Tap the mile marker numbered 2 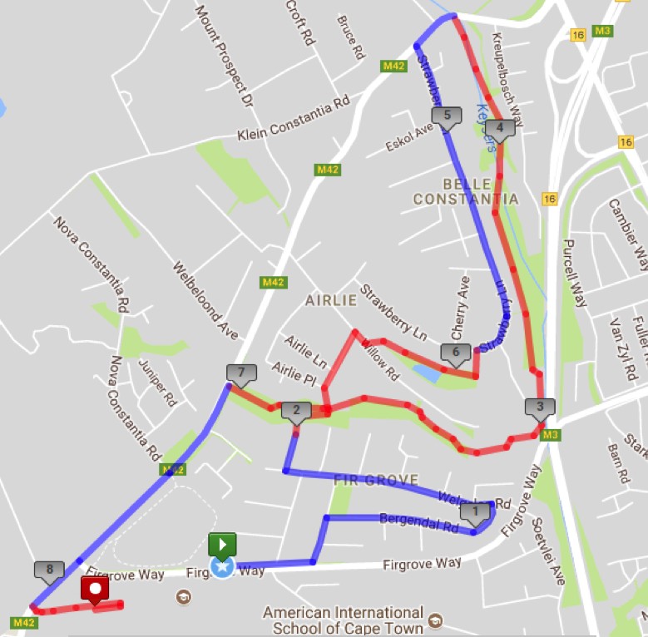point(295,410)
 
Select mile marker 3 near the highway point(539,407)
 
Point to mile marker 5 point(447,116)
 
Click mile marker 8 point(49,570)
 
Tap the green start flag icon point(222,545)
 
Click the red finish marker point(95,590)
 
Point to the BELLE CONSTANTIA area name point(466,191)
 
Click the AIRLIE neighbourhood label point(330,300)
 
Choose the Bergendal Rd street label point(419,521)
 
